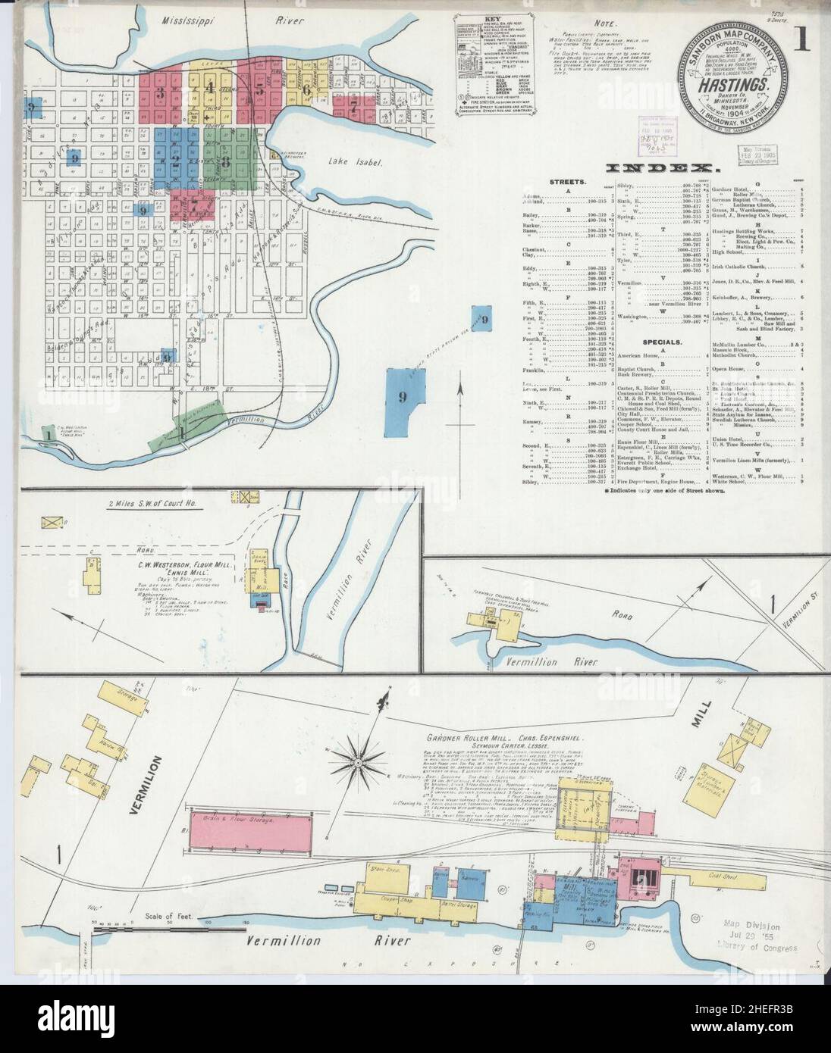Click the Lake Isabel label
349,161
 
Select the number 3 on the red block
160,94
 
